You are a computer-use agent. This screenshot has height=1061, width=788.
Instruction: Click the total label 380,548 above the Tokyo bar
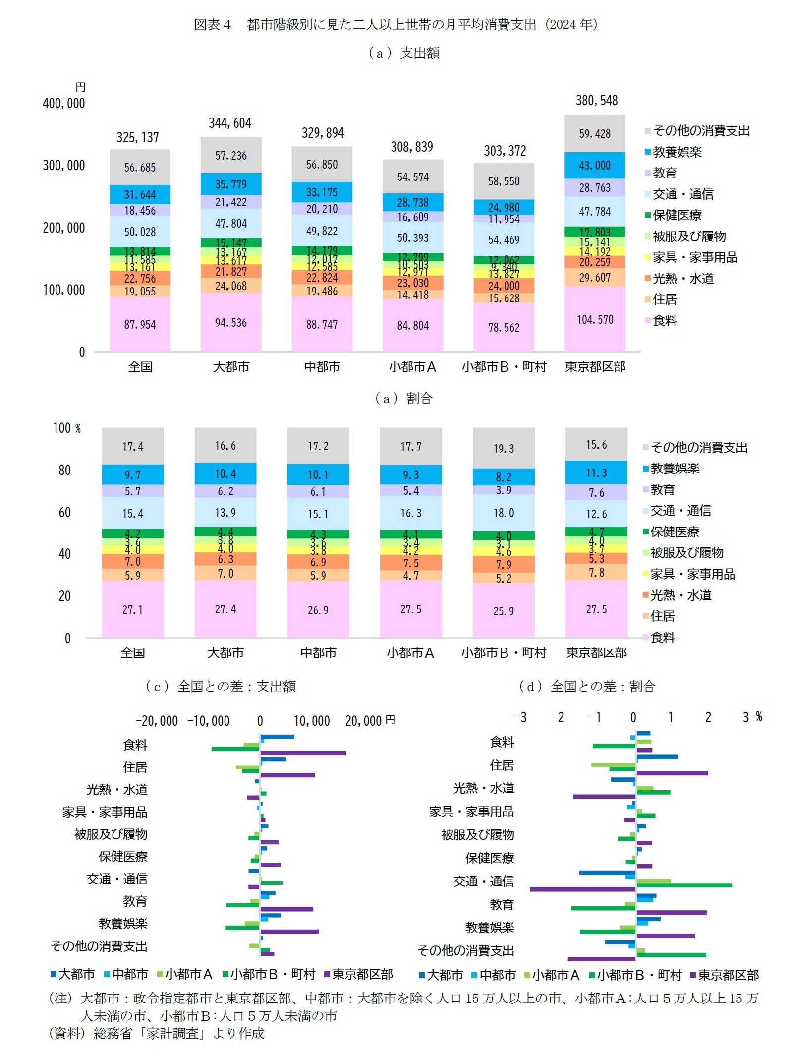596,101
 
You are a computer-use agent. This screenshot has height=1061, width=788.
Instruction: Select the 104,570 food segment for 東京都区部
595,320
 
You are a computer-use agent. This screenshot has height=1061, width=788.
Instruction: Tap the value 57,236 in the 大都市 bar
230,156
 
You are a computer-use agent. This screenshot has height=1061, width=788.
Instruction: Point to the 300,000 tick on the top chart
63,166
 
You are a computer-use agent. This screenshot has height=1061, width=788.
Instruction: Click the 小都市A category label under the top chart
412,367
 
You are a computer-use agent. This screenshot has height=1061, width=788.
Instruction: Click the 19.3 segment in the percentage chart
504,449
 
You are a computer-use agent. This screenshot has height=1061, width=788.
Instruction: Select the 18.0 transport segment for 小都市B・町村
504,513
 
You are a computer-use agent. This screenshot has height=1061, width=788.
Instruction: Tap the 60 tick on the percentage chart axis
64,513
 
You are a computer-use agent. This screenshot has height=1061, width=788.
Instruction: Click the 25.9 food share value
504,611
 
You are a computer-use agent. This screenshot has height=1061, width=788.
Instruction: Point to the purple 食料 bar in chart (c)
303,753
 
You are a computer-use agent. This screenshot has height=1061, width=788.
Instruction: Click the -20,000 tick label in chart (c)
157,721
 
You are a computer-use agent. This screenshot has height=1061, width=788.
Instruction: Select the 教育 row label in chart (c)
135,901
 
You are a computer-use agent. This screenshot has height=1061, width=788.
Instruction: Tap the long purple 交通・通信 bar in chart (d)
582,889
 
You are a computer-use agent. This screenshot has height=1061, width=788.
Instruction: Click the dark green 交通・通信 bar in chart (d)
684,885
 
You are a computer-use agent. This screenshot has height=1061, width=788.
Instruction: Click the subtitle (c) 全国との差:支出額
221,687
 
